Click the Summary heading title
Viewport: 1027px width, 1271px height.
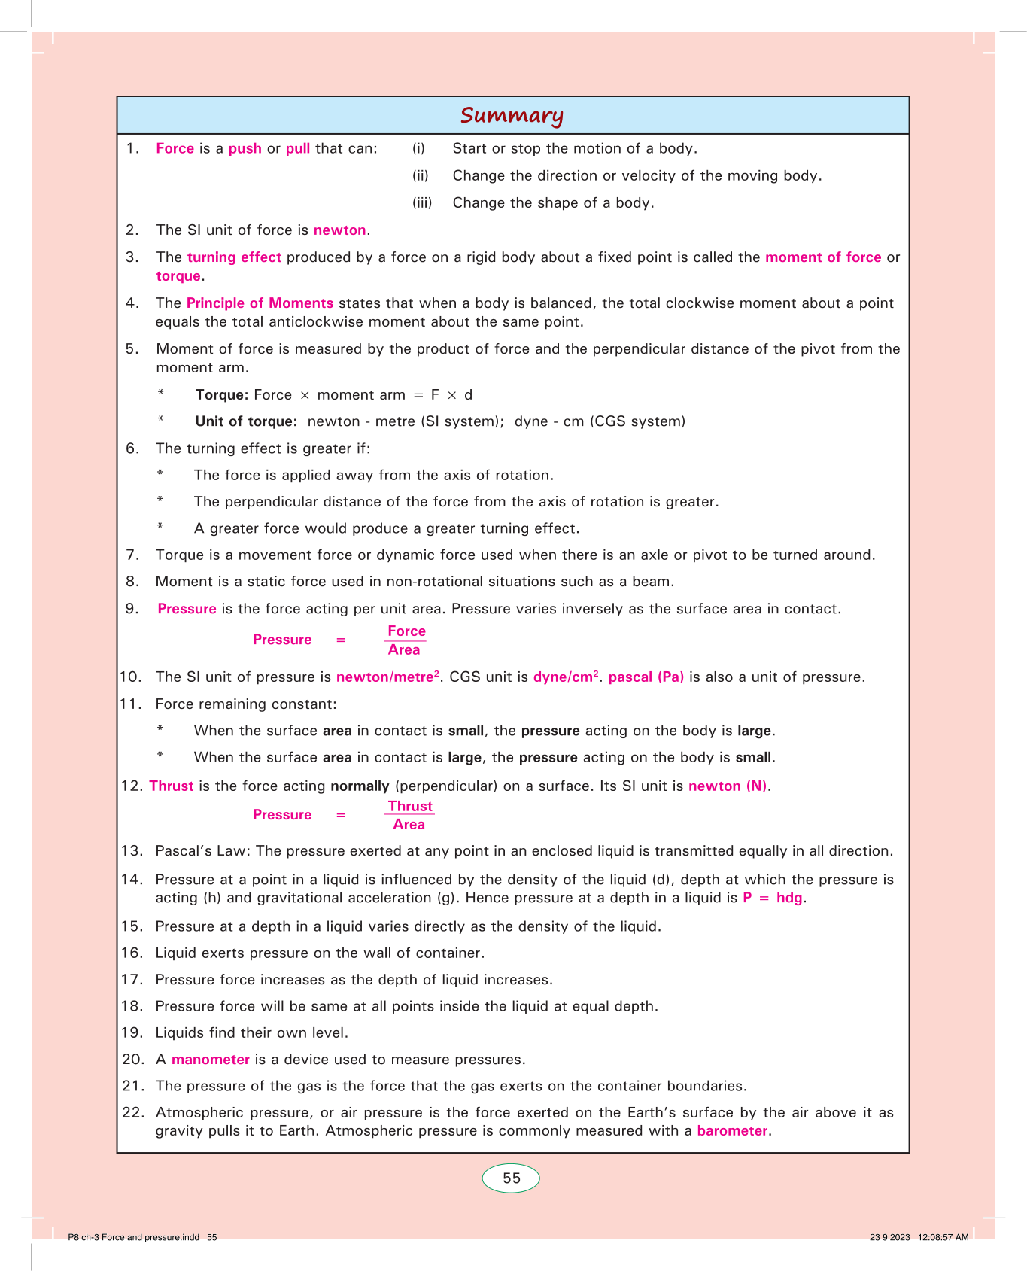[512, 115]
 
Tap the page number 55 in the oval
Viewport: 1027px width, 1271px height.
[512, 1178]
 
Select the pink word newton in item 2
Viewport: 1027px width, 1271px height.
[339, 230]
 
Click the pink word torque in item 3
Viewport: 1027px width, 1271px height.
[178, 276]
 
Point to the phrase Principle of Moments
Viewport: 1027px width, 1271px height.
[260, 303]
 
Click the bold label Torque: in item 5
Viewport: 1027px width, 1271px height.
[221, 395]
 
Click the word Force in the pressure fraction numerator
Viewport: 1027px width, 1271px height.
[406, 631]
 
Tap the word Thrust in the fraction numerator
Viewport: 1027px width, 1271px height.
[410, 806]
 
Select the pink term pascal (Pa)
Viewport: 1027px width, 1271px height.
[646, 677]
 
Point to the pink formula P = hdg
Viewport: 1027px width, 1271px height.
[773, 898]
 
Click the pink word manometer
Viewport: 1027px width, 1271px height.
[211, 1060]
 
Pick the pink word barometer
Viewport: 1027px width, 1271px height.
[732, 1131]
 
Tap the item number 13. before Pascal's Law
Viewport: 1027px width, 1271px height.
[132, 851]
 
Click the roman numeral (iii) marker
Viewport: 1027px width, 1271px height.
[422, 203]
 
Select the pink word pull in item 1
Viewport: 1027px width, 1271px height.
[298, 149]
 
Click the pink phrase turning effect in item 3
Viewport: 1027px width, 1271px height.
[234, 257]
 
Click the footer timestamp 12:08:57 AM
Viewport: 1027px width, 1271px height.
[943, 1237]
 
